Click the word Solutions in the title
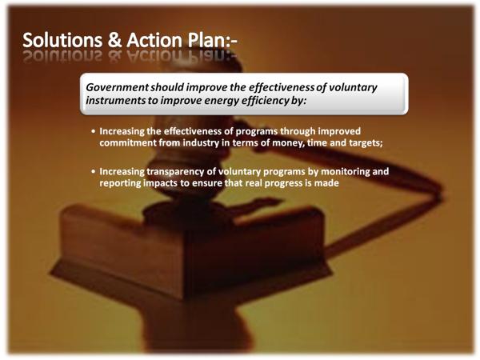62,40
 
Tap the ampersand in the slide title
114,41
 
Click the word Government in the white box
118,87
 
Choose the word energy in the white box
222,101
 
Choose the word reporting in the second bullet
120,183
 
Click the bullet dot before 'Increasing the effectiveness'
94,132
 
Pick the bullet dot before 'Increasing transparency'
94,171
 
